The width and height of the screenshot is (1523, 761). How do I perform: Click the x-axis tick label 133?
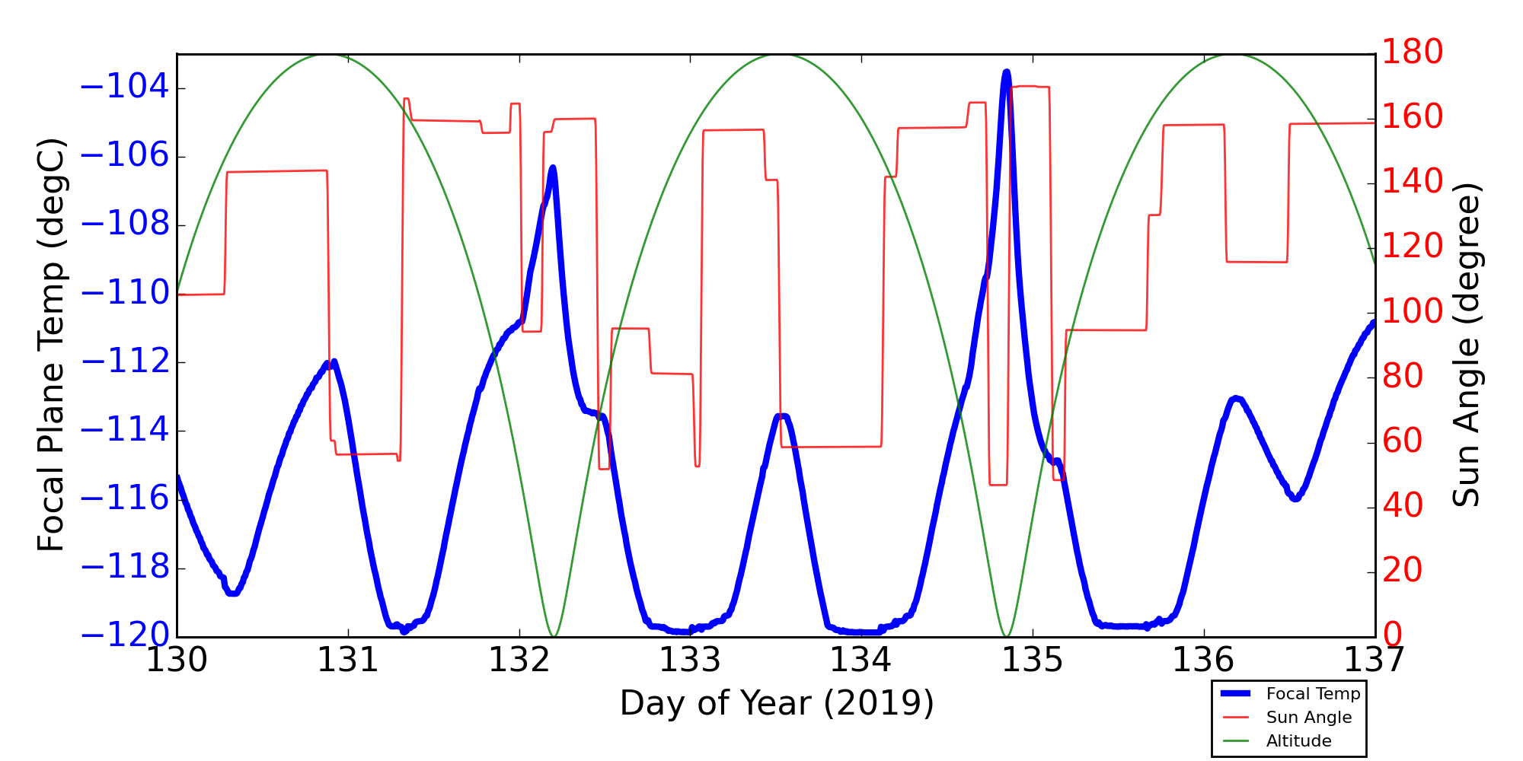(690, 661)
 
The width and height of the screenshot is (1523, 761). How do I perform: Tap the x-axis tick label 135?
(1033, 661)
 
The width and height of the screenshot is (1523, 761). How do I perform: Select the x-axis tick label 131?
(348, 661)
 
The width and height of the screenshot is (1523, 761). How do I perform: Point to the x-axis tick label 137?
(1374, 661)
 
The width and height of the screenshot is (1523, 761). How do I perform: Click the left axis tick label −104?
(124, 88)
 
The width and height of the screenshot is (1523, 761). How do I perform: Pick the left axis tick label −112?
(124, 362)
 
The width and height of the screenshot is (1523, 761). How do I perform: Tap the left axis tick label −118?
(124, 568)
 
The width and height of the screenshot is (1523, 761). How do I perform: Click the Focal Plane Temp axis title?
(51, 345)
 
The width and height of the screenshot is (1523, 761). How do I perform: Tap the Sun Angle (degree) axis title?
(1466, 345)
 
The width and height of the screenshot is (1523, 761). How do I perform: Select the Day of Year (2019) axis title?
(777, 703)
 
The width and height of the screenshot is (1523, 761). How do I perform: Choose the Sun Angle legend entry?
(1308, 718)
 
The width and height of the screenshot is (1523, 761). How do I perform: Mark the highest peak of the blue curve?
(1007, 72)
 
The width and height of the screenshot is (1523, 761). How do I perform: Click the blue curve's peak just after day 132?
(553, 167)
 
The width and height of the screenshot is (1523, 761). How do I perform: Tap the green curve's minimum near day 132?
(554, 636)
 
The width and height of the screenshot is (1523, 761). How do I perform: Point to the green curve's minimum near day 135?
(1006, 636)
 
